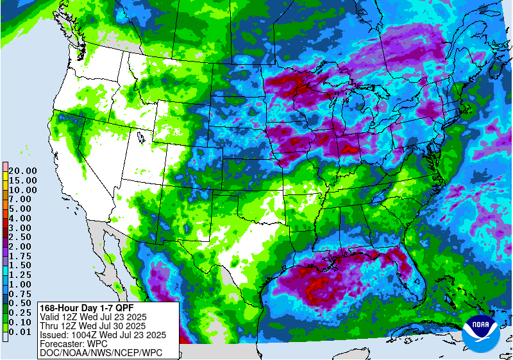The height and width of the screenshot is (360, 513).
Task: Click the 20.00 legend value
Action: pyautogui.click(x=22, y=171)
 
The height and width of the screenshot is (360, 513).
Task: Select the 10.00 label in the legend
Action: pyautogui.click(x=22, y=189)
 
